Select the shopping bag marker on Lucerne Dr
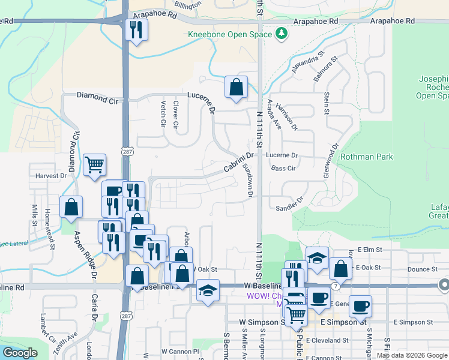coord(237,87)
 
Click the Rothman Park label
coord(366,157)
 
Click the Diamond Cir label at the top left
coord(98,96)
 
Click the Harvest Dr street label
coord(50,176)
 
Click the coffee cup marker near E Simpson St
coord(360,306)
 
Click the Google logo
coord(19,353)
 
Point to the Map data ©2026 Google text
coord(412,355)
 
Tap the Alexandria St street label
coord(308,62)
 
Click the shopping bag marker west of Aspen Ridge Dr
coord(71,207)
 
